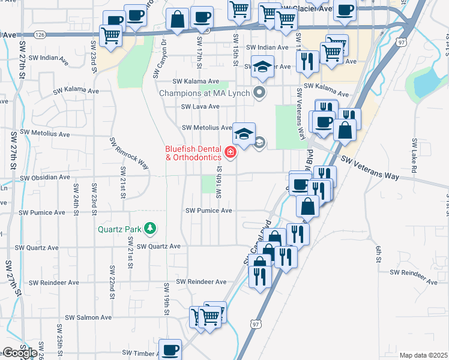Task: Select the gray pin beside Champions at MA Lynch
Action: coord(259,92)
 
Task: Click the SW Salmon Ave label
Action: coord(88,317)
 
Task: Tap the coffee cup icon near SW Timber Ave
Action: coord(170,349)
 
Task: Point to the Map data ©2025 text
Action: coord(423,355)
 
